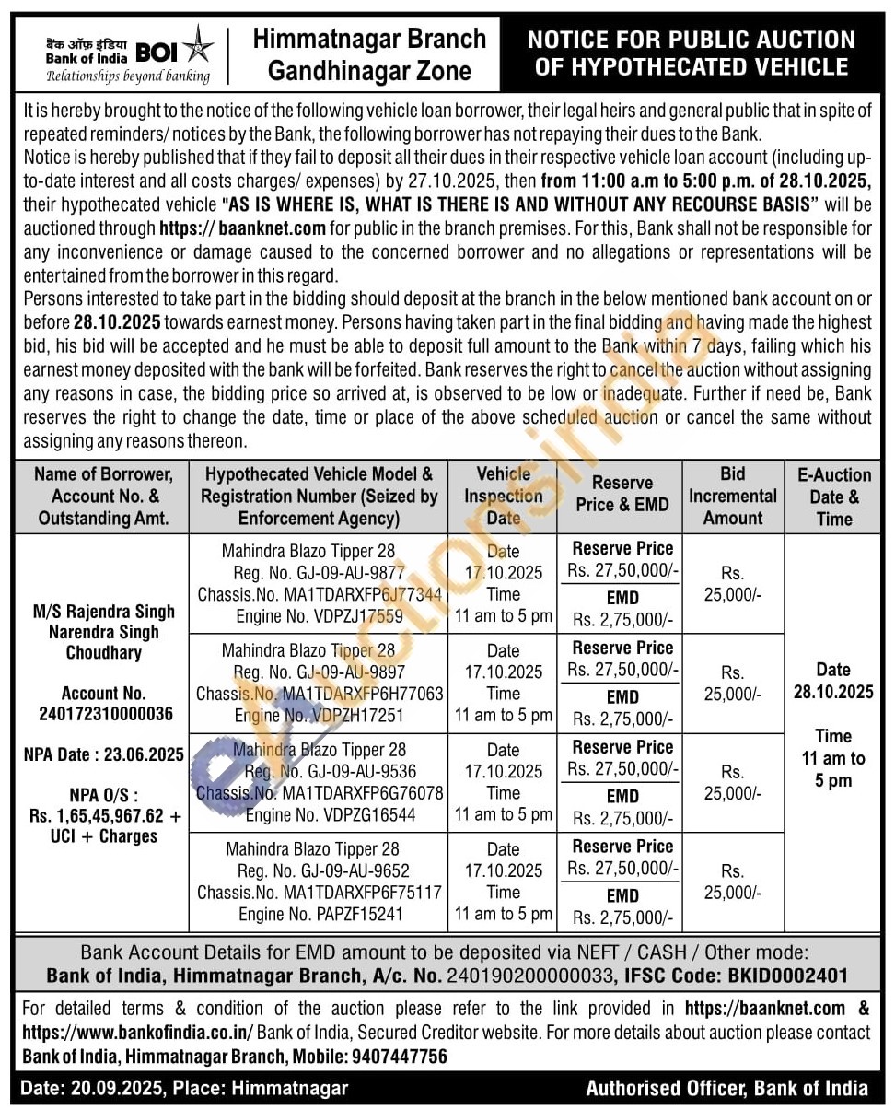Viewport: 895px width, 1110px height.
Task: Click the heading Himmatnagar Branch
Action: [369, 39]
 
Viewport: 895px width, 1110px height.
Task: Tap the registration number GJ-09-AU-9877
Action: [320, 573]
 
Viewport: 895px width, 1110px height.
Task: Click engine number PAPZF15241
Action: [320, 914]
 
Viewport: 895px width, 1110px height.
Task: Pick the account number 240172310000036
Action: [104, 714]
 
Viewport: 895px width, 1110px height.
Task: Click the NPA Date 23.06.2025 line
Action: [104, 754]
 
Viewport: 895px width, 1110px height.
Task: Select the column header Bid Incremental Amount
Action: [733, 496]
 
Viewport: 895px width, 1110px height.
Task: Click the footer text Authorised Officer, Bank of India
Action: [726, 1088]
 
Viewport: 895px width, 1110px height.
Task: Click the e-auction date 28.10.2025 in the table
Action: [833, 692]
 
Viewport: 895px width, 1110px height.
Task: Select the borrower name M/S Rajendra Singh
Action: [104, 612]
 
